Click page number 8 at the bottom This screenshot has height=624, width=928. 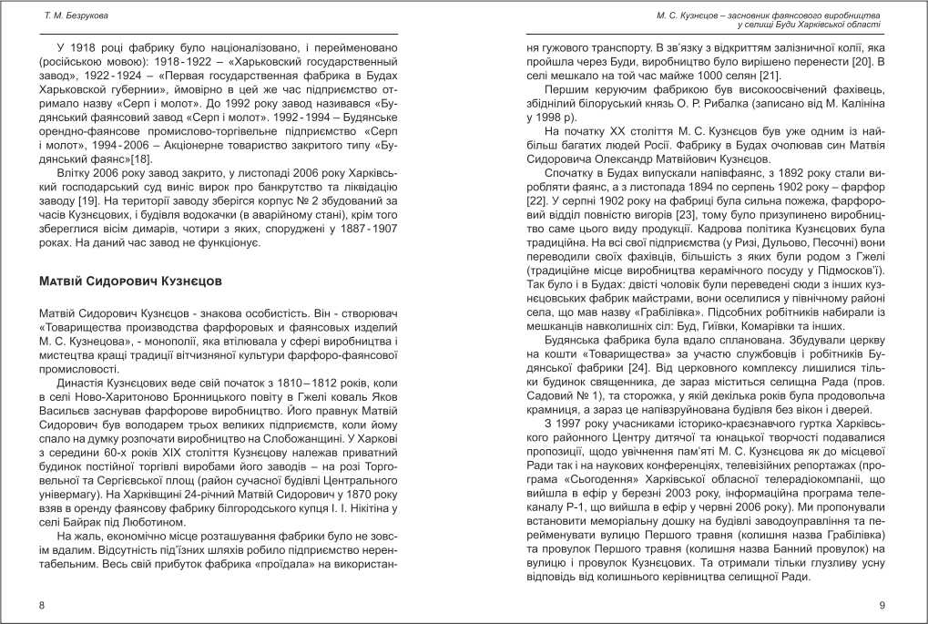(41, 606)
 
